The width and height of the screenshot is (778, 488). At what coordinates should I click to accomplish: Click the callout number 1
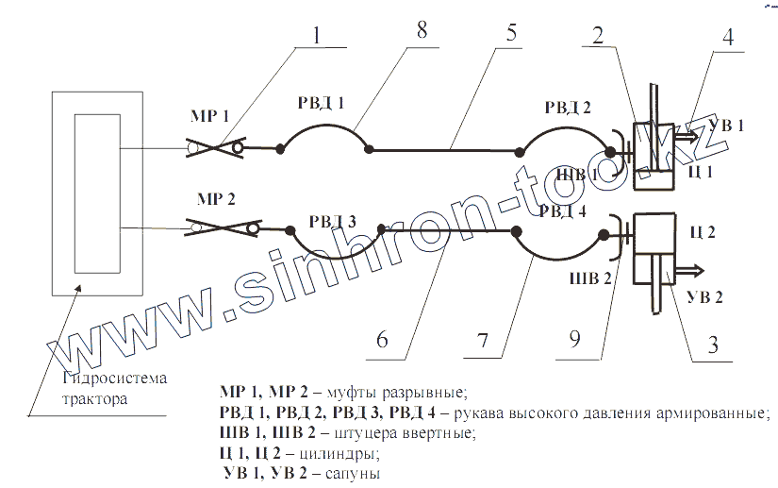pyautogui.click(x=317, y=35)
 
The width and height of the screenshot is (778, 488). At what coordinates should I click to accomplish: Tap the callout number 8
pyautogui.click(x=421, y=29)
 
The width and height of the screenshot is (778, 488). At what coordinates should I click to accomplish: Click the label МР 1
pyautogui.click(x=212, y=116)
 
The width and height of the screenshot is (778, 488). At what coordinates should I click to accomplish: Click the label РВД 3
pyautogui.click(x=332, y=222)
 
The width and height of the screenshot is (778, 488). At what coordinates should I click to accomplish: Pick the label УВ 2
pyautogui.click(x=705, y=297)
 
